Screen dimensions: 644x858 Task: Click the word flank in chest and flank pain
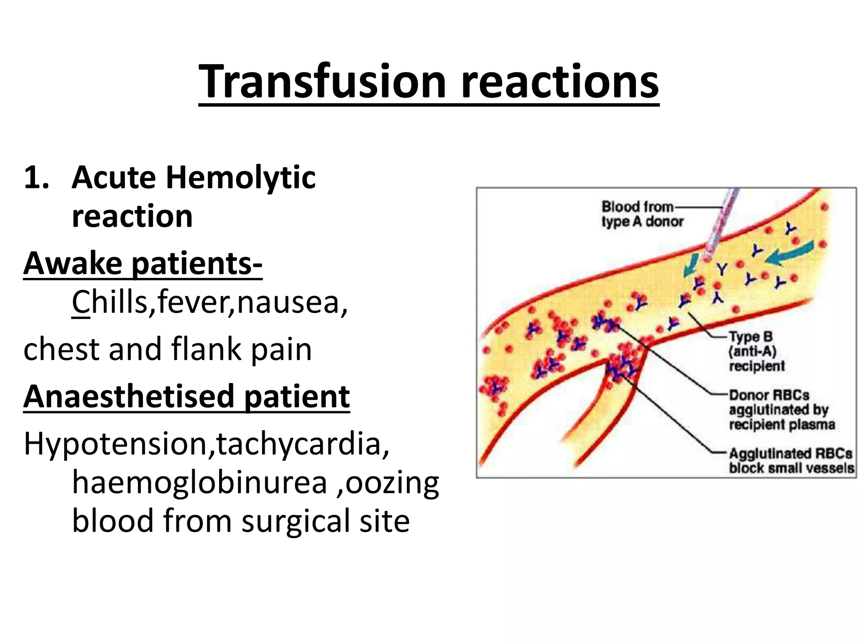[x=207, y=349]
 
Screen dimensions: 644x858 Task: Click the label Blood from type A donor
[x=642, y=214]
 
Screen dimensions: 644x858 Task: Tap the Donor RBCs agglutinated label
[x=781, y=410]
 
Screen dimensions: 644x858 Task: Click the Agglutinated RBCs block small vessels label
[x=791, y=460]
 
